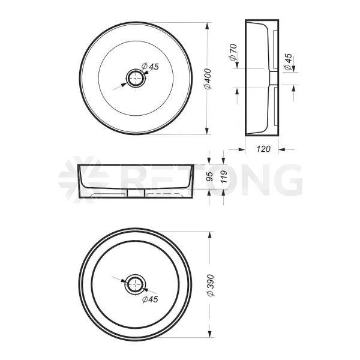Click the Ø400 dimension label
[208, 79]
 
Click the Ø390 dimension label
[211, 285]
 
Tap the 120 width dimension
[263, 149]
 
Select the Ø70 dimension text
[233, 52]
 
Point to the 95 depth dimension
[209, 176]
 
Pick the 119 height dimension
[224, 176]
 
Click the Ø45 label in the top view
[150, 67]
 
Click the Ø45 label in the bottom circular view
[150, 299]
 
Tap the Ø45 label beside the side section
[288, 62]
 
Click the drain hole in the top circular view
[136, 79]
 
